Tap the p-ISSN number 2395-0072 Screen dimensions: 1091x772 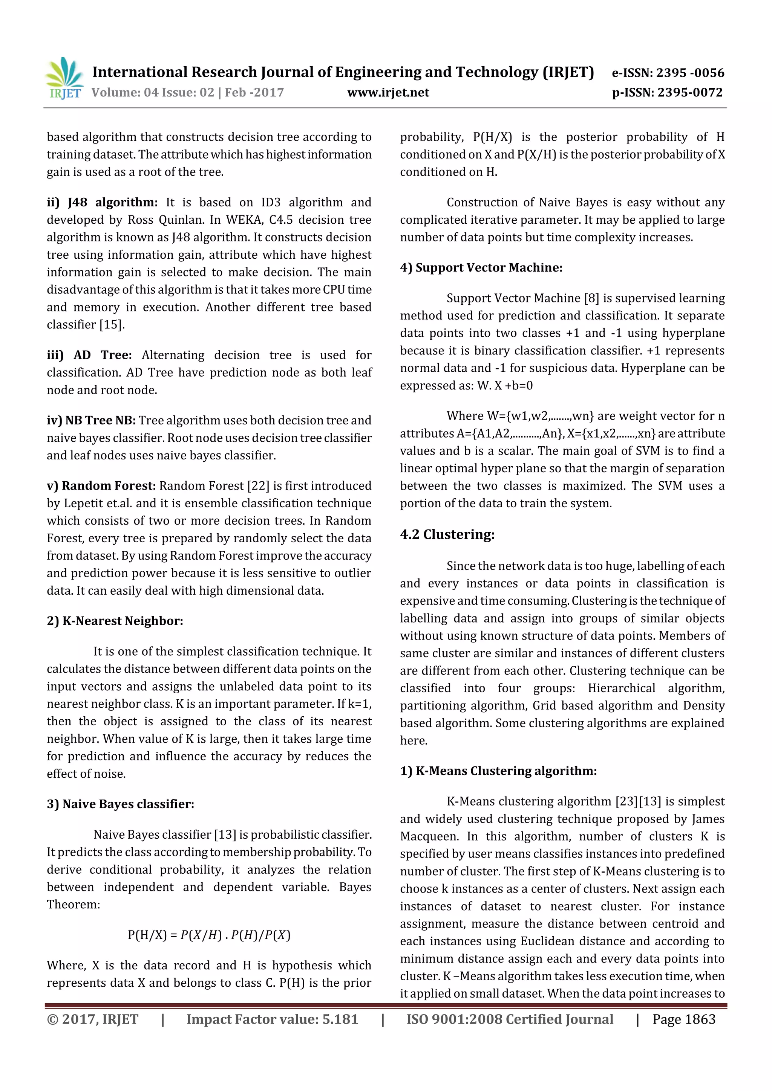[690, 93]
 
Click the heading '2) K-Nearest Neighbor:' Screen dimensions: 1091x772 [115, 621]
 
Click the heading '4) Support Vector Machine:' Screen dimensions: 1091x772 [481, 267]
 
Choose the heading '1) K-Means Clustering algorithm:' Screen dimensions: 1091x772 [498, 771]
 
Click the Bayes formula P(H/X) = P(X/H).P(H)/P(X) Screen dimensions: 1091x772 [209, 935]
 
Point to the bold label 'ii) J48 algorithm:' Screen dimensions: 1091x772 [102, 203]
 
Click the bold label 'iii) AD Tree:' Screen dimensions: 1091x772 [89, 355]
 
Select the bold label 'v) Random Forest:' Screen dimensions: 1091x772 [101, 486]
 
